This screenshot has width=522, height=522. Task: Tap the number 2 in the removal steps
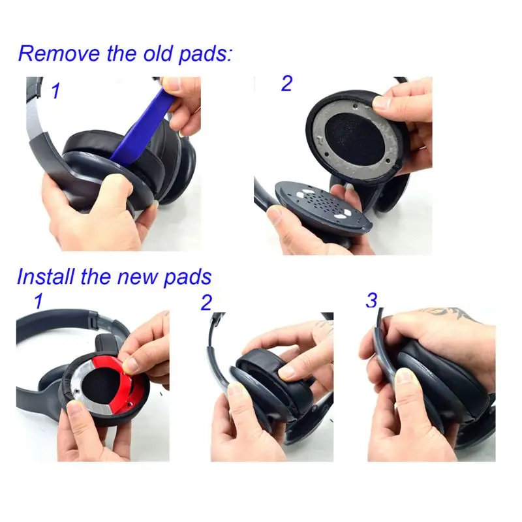click(x=286, y=84)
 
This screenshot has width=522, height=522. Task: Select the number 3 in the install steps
click(x=372, y=301)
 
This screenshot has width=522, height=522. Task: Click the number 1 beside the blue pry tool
click(x=55, y=92)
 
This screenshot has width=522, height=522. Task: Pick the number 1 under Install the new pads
click(x=39, y=301)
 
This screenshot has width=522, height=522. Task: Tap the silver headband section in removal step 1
click(x=34, y=121)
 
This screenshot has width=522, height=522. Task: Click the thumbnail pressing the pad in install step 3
click(x=405, y=378)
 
